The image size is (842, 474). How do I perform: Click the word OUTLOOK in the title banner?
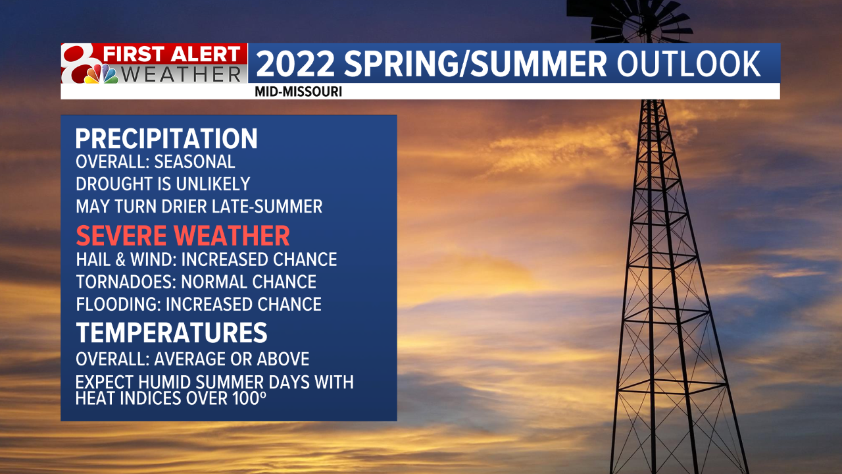[x=689, y=64]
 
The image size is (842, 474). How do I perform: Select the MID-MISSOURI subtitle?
[x=298, y=92]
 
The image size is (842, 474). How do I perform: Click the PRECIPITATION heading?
[x=166, y=139]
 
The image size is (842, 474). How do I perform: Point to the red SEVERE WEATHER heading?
[x=183, y=236]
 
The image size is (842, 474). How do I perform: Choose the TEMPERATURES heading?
[x=172, y=332]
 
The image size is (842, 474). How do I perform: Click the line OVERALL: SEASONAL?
[x=155, y=161]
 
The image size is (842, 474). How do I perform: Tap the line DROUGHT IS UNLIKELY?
[x=163, y=184]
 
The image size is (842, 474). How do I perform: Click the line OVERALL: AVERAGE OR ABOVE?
[x=192, y=359]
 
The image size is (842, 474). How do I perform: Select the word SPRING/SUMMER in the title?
[x=472, y=64]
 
